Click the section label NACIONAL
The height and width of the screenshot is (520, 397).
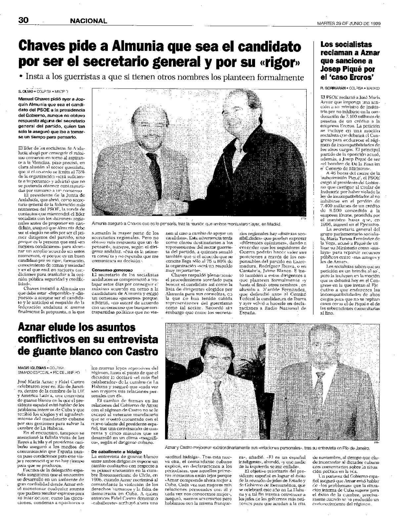88,21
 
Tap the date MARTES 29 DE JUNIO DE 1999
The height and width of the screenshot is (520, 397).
348,23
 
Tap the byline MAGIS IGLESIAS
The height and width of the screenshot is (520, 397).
32,367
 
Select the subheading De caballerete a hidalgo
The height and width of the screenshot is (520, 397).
111,451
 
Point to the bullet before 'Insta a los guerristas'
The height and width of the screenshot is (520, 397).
21,77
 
